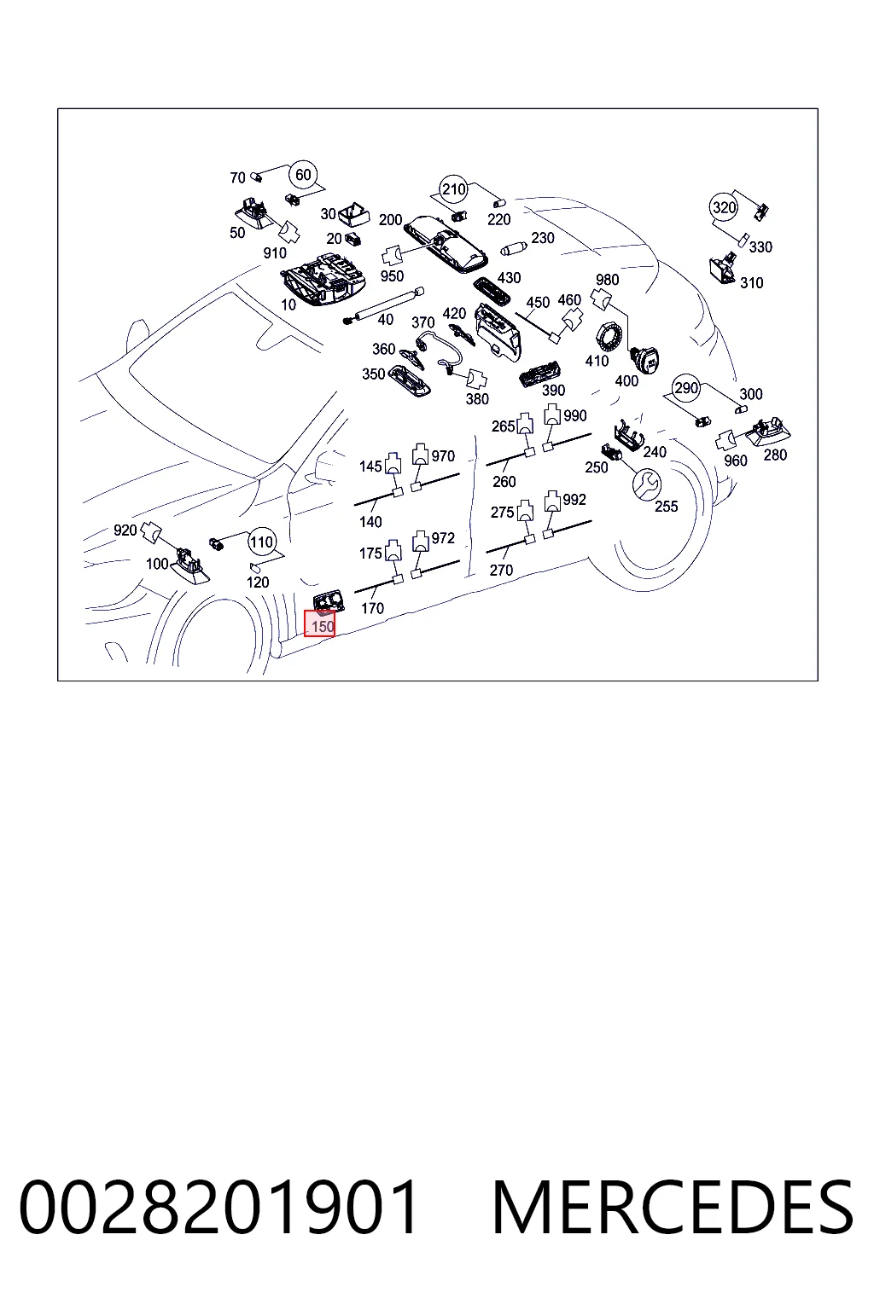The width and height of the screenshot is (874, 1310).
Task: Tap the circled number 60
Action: pos(303,175)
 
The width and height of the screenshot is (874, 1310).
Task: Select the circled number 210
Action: pos(454,188)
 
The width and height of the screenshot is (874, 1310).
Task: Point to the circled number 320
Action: pos(724,207)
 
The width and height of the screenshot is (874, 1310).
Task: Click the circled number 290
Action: pos(686,388)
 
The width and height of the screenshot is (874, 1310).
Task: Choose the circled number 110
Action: pos(261,542)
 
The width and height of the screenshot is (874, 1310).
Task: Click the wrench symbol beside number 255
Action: pos(648,484)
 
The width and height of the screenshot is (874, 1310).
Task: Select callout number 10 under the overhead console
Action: pos(288,304)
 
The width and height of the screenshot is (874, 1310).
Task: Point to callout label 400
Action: pos(626,381)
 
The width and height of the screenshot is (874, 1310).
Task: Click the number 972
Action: pos(443,538)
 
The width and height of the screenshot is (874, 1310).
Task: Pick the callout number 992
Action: pos(574,500)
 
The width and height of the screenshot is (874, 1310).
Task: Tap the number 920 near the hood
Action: pos(125,530)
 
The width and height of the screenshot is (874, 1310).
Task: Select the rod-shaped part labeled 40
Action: pos(383,305)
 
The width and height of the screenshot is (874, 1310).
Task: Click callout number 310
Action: pos(752,283)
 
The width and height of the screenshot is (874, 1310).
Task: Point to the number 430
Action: pos(510,278)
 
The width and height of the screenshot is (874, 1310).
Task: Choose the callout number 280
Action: pos(775,455)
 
